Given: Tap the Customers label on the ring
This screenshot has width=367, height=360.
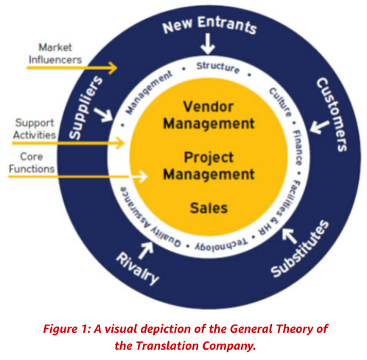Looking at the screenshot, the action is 332,114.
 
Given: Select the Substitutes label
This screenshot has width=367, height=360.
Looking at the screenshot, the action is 300,248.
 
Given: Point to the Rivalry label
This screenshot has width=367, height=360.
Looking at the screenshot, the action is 138,269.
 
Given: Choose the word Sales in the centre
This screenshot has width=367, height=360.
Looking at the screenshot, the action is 209,208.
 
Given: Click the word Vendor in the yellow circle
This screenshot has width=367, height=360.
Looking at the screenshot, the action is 209,107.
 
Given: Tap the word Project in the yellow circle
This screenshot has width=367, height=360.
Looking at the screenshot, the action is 209,158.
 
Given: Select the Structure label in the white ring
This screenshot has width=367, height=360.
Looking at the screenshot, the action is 218,67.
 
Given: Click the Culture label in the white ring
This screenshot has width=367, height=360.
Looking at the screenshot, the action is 281,102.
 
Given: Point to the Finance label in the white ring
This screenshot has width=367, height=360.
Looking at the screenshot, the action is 297,147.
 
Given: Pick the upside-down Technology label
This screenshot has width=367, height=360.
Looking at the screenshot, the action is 221,244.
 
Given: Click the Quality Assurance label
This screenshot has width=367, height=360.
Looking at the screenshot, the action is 147,217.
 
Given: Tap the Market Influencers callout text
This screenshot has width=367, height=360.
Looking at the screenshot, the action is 55,54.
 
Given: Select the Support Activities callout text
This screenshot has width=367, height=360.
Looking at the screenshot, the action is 35,129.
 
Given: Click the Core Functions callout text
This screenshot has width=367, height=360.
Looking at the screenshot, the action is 32,163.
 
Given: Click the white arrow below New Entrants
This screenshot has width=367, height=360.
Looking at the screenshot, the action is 208,43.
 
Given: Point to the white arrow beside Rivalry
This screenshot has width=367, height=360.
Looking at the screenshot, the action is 146,250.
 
